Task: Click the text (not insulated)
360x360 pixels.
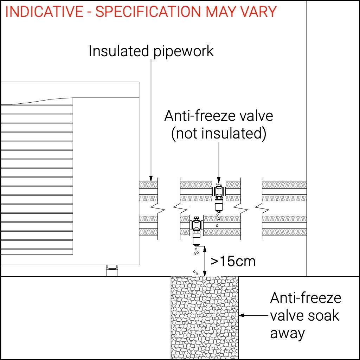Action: tap(219, 134)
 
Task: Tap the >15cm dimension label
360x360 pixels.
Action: tap(233, 261)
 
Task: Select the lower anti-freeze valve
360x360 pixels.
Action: tap(196, 230)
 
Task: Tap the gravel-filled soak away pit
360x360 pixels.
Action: tap(204, 316)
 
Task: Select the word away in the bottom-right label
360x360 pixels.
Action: tap(287, 333)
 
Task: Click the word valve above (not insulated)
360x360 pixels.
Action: tap(256, 116)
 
